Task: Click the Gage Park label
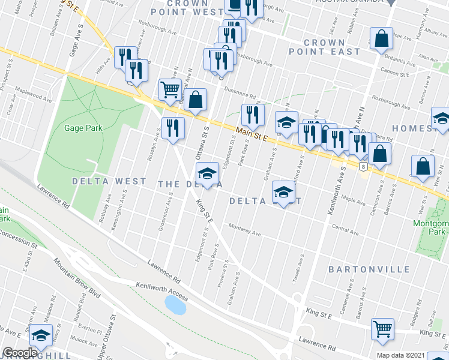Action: click(83, 127)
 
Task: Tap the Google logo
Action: click(20, 353)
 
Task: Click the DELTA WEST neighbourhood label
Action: click(109, 181)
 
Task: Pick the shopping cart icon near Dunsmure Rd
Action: click(170, 89)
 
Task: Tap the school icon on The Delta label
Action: click(207, 173)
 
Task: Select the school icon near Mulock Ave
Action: click(41, 335)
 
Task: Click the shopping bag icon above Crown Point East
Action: click(381, 39)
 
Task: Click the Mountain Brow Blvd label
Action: click(76, 275)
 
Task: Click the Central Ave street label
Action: click(345, 229)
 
